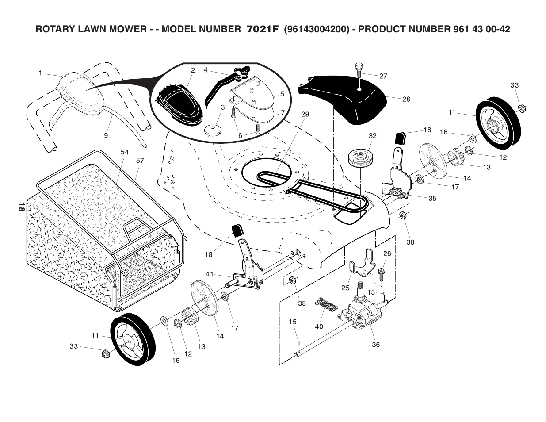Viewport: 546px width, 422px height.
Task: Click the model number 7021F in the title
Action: click(263, 30)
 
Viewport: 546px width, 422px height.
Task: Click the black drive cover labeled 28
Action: click(349, 100)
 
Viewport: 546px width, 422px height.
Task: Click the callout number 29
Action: click(305, 114)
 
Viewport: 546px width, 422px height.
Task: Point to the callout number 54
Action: click(125, 152)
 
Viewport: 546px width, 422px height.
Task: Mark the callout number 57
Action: click(140, 161)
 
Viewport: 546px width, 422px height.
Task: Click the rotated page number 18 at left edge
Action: click(20, 207)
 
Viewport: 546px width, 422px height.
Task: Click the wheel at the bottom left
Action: click(132, 340)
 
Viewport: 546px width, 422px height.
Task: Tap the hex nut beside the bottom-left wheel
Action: click(105, 353)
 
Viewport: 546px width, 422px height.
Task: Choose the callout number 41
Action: click(209, 274)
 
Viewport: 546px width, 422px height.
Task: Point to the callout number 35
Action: click(432, 198)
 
